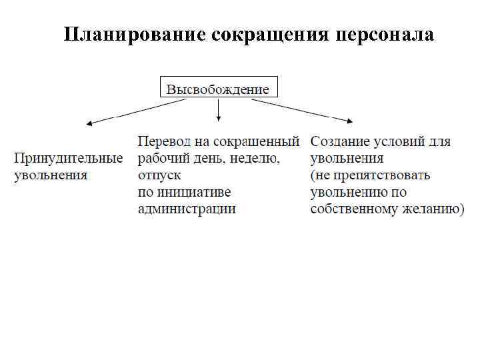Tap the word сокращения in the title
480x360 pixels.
point(269,34)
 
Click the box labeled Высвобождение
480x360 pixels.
point(218,89)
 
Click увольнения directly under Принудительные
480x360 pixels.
point(51,176)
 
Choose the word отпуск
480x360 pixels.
point(159,176)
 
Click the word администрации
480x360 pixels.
point(187,209)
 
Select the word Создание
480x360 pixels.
point(339,142)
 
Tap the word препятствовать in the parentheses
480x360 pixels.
point(383,176)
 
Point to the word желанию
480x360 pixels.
point(429,209)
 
